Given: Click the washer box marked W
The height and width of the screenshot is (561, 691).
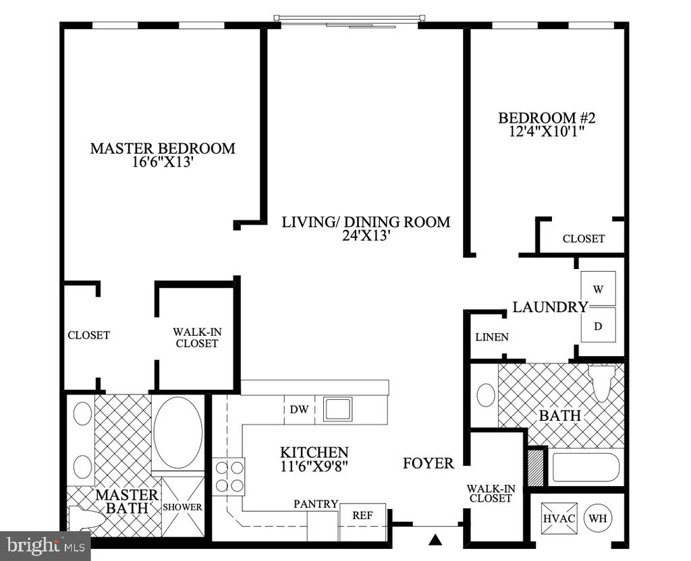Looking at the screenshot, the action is (598, 289).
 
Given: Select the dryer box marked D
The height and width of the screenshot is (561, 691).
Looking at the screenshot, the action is (598, 325).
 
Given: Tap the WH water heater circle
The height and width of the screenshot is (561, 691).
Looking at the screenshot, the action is (598, 519).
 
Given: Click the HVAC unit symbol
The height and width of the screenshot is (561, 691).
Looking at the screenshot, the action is (559, 519).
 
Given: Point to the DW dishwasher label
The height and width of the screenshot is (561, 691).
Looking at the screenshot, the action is (299, 409).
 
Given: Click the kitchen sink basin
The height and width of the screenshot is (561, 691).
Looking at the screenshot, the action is (337, 409).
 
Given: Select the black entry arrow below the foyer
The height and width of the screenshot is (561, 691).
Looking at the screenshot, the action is (435, 539).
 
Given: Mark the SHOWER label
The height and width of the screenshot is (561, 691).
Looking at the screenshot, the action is (182, 507).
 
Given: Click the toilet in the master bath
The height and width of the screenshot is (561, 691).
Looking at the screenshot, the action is (86, 518).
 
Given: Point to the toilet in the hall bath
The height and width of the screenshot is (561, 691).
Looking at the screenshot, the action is (602, 382).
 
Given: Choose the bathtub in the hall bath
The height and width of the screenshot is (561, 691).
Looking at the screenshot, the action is (585, 468).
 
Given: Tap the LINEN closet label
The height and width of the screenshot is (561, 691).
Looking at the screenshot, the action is (492, 337).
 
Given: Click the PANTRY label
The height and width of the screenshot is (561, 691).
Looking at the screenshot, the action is (316, 504).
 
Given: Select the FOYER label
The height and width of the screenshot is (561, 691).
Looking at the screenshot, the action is (429, 463).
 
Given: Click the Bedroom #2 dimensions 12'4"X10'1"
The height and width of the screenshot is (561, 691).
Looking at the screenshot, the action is (547, 131).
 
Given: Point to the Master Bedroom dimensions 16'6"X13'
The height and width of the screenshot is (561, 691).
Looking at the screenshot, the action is (163, 162).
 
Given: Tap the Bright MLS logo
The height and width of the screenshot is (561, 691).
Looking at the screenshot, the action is (45, 546).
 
